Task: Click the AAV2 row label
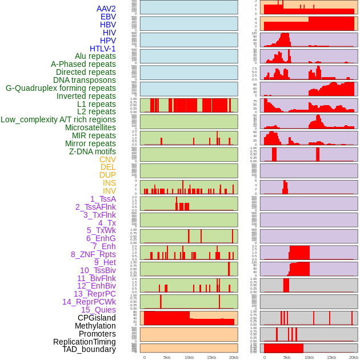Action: click(106, 9)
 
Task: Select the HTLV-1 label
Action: click(102, 49)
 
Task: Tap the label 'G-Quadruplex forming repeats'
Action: click(61, 88)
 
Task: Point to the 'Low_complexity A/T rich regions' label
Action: click(58, 119)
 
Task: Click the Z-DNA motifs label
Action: click(92, 151)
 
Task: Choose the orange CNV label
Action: click(107, 159)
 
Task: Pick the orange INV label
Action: click(109, 191)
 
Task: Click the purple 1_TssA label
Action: click(103, 199)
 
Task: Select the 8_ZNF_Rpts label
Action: click(93, 254)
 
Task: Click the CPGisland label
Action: click(97, 318)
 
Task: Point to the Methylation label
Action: click(95, 326)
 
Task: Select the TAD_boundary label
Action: click(89, 349)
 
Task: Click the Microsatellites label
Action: click(90, 127)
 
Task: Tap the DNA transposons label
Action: click(85, 80)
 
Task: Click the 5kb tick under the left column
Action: click(167, 357)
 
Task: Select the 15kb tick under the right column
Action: click(331, 357)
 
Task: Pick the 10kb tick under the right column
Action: click(309, 357)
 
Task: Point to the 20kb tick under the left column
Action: click(234, 357)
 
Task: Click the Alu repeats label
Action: click(95, 56)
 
